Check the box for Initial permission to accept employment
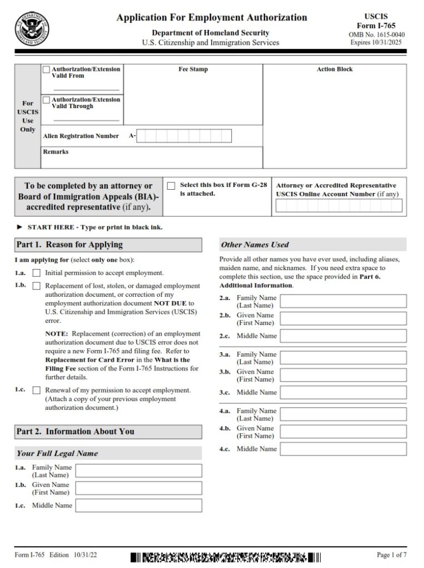coord(37,273)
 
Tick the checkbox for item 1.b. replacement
coord(37,286)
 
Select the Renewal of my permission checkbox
coord(37,390)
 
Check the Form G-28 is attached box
coord(171,186)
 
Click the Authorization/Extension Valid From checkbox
coord(46,70)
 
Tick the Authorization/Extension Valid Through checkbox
coord(46,100)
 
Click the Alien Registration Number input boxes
coord(184,136)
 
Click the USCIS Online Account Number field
coord(339,206)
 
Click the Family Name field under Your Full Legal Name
coord(138,471)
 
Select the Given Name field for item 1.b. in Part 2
coord(138,488)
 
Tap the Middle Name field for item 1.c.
coord(138,505)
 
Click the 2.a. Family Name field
coord(343,301)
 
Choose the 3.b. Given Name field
coord(343,375)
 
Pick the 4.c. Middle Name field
coord(343,449)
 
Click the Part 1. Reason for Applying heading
coord(69,245)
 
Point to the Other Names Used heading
coord(255,245)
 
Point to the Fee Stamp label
coord(193,69)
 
